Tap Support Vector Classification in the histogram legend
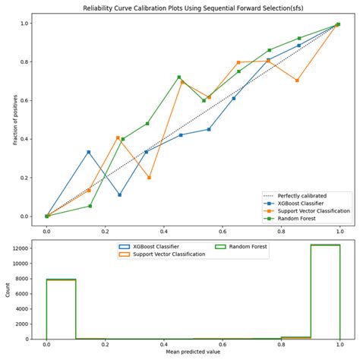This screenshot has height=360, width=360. click(166, 254)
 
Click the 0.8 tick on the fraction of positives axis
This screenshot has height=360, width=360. click(25, 62)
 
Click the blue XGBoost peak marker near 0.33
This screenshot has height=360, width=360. click(89, 152)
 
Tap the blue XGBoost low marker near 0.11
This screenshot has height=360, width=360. click(120, 195)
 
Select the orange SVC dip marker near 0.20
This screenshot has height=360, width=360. click(149, 178)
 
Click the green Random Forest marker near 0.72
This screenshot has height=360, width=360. click(179, 77)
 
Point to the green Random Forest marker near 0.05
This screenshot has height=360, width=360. click(89, 206)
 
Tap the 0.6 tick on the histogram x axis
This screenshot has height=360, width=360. click(222, 343)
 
